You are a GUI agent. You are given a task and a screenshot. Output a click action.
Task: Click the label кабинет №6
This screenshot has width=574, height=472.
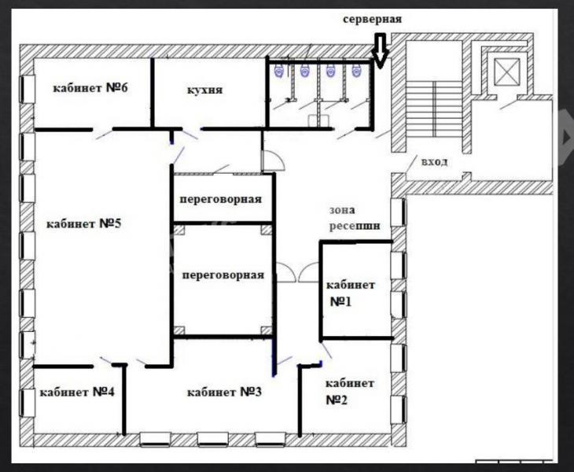[x=90, y=88]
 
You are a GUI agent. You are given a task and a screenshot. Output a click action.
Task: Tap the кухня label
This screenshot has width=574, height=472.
[x=204, y=90]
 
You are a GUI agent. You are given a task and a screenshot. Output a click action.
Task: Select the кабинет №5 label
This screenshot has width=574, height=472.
[x=83, y=223]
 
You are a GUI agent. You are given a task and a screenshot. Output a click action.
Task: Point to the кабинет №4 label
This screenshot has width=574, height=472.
[x=77, y=393]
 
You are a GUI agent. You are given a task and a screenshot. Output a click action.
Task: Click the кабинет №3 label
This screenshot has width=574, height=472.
[x=224, y=393]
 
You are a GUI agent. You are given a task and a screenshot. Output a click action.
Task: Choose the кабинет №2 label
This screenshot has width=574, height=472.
[x=350, y=392]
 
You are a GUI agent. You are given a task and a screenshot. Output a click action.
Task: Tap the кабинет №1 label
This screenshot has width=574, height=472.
[x=351, y=293]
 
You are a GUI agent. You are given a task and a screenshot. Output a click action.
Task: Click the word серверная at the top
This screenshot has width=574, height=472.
[x=372, y=19]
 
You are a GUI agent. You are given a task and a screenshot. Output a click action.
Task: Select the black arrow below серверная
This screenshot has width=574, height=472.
[x=381, y=51]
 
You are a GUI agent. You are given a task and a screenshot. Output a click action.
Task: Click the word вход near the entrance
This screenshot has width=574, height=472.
[x=435, y=162]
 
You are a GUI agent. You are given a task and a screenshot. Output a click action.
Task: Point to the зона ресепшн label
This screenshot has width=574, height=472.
[x=355, y=218]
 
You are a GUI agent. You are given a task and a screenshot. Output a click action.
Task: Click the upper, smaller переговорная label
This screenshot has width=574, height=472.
[x=220, y=200]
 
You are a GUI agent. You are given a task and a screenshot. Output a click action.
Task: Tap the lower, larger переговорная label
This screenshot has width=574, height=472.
[x=223, y=275]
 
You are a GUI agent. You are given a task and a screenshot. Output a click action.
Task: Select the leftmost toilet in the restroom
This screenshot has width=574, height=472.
[x=280, y=71]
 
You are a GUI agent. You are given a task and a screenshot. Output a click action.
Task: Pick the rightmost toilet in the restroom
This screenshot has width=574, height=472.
[x=356, y=71]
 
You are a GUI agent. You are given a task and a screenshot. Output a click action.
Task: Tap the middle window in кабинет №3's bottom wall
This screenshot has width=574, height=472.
[x=212, y=440]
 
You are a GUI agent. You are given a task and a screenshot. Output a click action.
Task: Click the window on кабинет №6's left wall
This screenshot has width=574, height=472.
[x=27, y=90]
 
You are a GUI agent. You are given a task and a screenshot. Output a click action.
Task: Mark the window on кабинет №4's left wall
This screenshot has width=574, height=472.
[x=27, y=403]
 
